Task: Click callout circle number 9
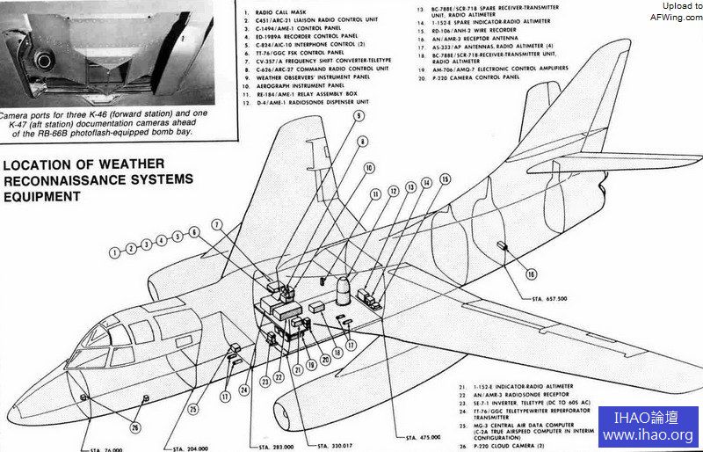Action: coord(359,115)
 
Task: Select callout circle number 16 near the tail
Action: coord(531,273)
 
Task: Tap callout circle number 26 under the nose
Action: coord(134,428)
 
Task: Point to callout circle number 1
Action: coord(114,252)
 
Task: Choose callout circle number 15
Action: coord(445,179)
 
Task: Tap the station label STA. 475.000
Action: coord(424,437)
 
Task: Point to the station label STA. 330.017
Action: coord(335,446)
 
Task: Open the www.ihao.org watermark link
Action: coord(648,435)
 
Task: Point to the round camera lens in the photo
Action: coord(42,59)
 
